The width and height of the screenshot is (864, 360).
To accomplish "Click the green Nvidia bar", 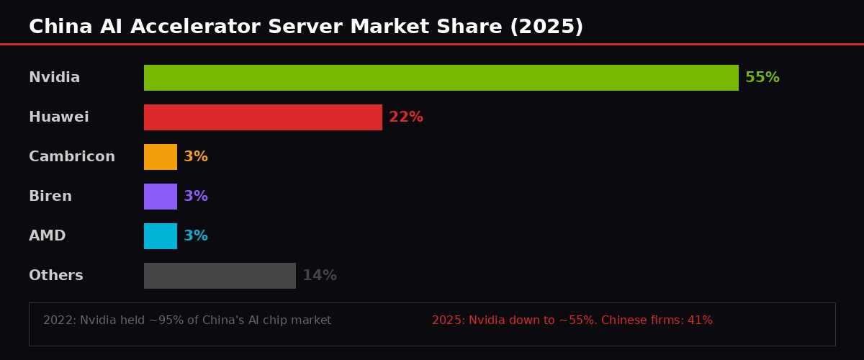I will [441, 78].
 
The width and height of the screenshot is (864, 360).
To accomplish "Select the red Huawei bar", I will [263, 117].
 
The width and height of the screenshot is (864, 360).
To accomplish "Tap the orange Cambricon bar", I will [161, 157].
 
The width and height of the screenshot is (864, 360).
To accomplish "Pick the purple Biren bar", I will [161, 197].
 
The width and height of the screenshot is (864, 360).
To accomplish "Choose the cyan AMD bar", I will [161, 236].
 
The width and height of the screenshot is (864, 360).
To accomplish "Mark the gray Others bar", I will [220, 276].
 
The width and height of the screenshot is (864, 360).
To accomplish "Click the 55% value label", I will [762, 78].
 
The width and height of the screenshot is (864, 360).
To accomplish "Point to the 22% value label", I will [405, 117].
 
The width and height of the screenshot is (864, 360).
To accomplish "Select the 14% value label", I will [319, 276].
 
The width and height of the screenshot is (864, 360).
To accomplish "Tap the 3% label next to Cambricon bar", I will [195, 157].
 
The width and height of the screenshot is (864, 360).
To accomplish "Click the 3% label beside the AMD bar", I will [195, 236].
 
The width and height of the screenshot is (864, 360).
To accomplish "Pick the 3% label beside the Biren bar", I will [195, 197].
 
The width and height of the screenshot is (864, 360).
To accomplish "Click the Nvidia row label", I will [54, 78].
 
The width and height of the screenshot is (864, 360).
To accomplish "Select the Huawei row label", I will [58, 117].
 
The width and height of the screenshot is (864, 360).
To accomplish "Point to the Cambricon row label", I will [71, 157].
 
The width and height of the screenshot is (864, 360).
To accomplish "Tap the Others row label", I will [55, 276].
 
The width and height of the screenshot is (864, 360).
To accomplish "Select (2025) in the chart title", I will [546, 27].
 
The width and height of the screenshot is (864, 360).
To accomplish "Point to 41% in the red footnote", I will [700, 320].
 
